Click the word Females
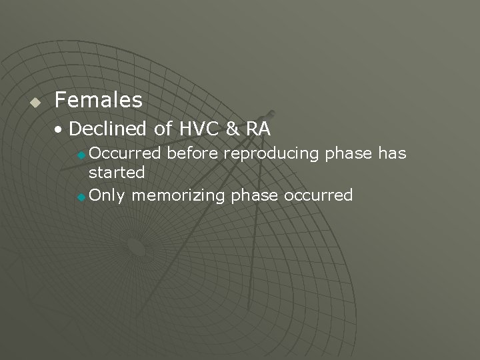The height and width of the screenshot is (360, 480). point(99,101)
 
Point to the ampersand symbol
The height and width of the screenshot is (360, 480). point(231,128)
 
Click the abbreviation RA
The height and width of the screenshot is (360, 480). point(257,128)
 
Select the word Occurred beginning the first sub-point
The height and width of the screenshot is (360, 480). point(125,153)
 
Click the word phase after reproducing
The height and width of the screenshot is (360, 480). point(349,154)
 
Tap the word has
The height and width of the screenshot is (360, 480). point(392,153)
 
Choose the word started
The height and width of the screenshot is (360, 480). point(117,172)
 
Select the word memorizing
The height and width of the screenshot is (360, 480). point(178,196)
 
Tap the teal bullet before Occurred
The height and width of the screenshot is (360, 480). point(81,155)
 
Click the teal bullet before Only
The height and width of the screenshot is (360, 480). point(81,197)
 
